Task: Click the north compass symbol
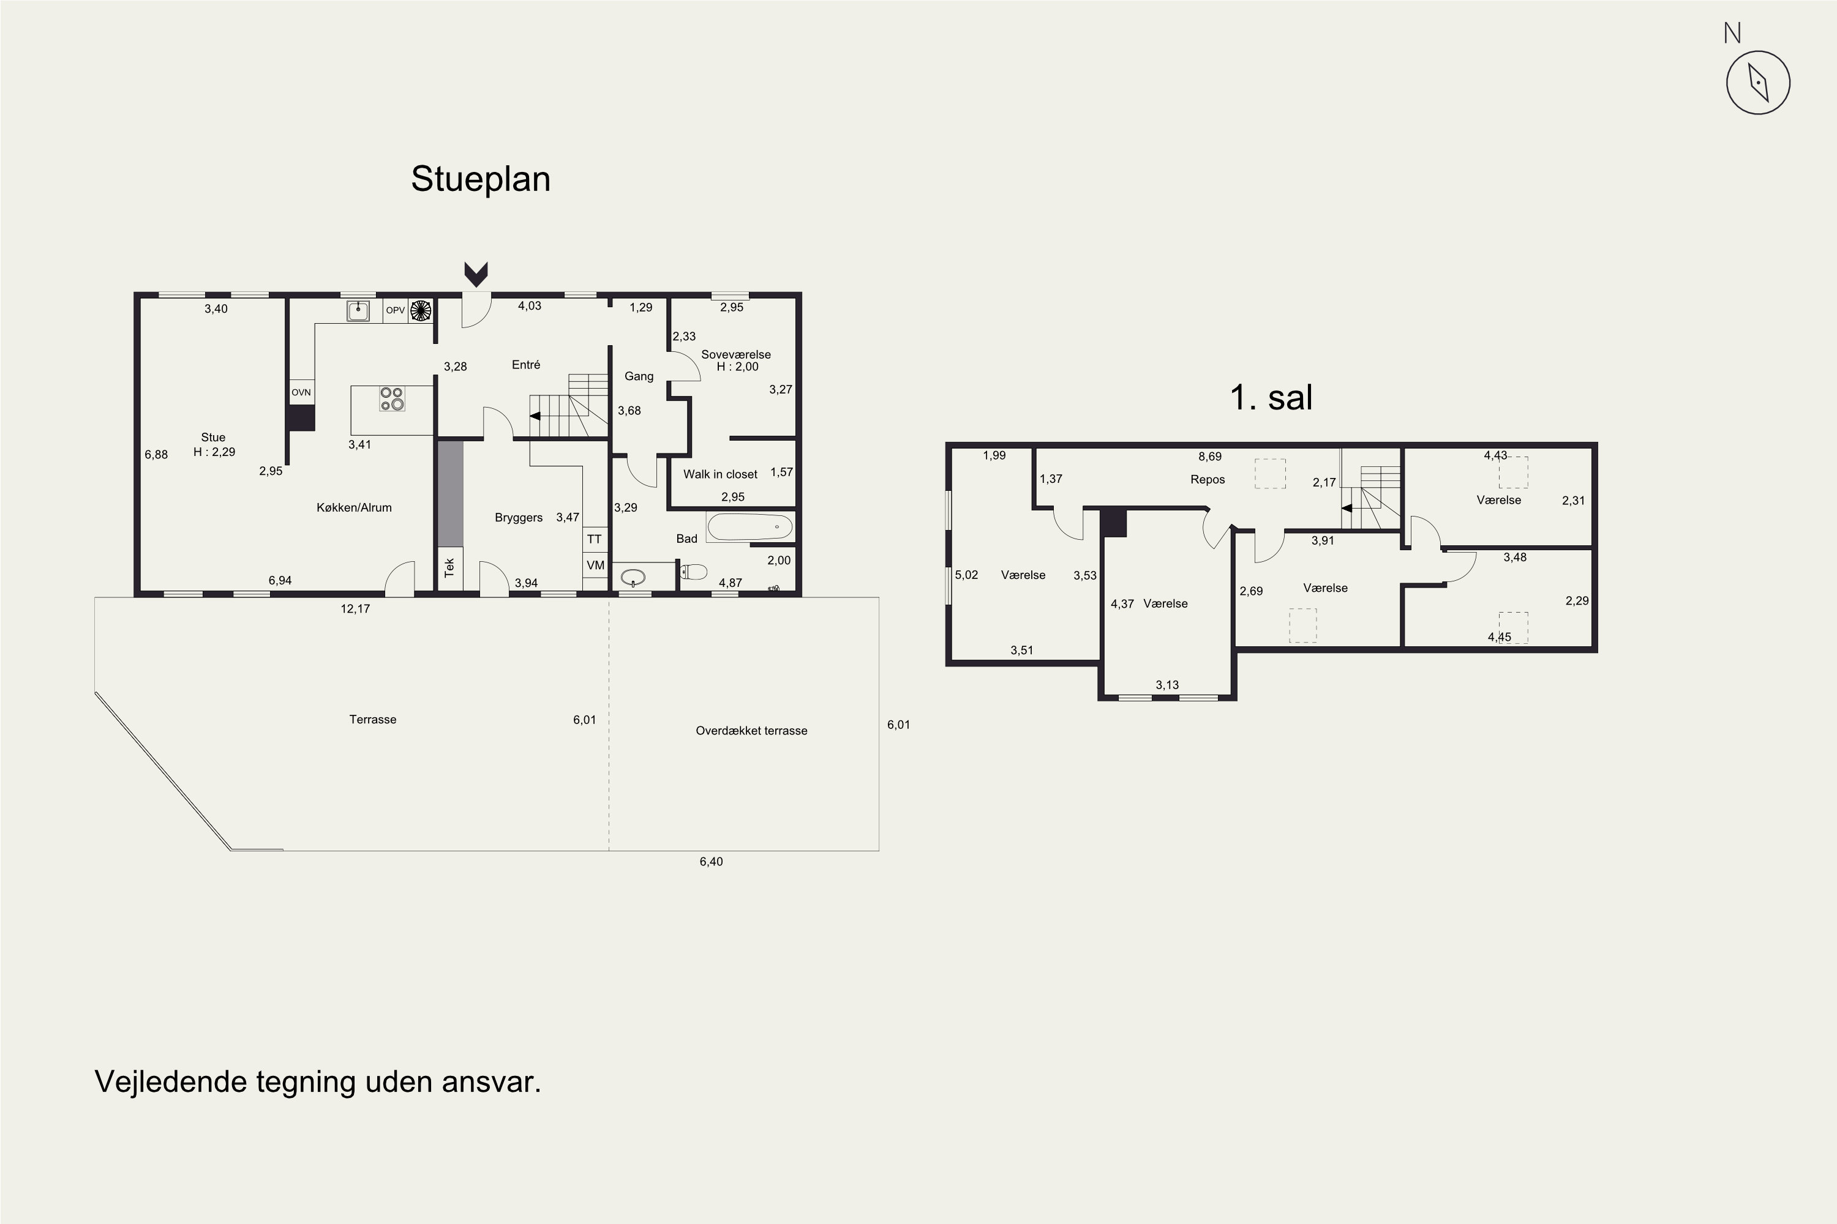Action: pos(1757,83)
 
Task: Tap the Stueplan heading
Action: pos(480,179)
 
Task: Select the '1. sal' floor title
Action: pos(1271,397)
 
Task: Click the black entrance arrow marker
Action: pos(476,274)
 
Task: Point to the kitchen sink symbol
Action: pos(358,311)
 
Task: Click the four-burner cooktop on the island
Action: pos(392,399)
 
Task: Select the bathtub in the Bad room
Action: pos(749,527)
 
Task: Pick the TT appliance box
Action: pos(595,539)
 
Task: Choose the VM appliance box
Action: pos(595,565)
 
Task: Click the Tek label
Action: pos(449,567)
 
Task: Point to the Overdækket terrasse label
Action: pos(751,731)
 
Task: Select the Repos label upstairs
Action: pos(1208,480)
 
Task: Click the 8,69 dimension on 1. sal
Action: pos(1210,457)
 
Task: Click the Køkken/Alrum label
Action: pos(354,508)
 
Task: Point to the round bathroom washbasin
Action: pos(633,578)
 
